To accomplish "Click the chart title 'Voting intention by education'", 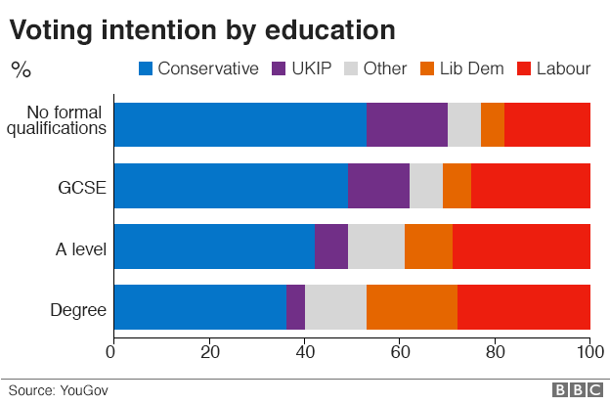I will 202,29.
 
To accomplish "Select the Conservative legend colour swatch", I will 146,68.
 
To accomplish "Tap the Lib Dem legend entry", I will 467,68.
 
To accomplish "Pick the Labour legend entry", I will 554,68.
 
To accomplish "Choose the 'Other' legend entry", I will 377,68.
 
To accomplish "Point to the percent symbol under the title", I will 20,69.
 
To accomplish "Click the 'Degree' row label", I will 78,313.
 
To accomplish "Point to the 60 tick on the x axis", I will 399,351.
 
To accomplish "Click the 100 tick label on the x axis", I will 587,351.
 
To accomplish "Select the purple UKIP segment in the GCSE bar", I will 378,186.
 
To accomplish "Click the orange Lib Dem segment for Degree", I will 412,308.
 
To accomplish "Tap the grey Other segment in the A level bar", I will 376,247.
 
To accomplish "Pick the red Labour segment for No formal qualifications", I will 547,124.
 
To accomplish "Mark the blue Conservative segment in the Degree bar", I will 200,308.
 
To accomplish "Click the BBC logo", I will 577,389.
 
